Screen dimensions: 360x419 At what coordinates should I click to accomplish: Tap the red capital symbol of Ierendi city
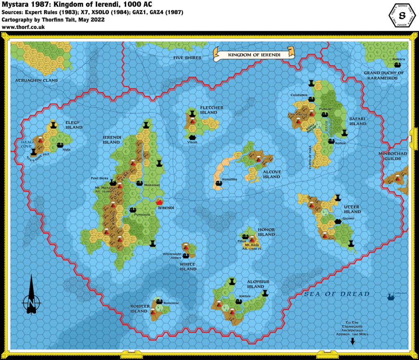click(160, 201)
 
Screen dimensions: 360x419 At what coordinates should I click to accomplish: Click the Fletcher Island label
click(212, 110)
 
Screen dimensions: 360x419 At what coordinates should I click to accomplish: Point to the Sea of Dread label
click(337, 294)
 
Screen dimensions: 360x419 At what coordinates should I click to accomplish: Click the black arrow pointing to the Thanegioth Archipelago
click(351, 342)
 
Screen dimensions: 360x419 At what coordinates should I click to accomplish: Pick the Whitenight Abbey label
click(171, 256)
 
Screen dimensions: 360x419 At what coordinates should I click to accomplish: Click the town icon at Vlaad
click(191, 136)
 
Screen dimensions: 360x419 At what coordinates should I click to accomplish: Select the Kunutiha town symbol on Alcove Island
click(218, 184)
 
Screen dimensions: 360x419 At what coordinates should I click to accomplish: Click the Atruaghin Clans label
click(36, 81)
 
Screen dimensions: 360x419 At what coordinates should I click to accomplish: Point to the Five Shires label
click(187, 58)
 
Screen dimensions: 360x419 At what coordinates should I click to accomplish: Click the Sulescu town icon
click(396, 65)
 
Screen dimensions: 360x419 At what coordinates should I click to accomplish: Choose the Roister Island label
click(139, 308)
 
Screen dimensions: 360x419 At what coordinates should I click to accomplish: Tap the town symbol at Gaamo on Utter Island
click(338, 221)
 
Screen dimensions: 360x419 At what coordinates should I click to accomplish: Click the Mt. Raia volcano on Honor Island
click(252, 239)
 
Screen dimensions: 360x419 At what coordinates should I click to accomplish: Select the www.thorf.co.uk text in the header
click(23, 27)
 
